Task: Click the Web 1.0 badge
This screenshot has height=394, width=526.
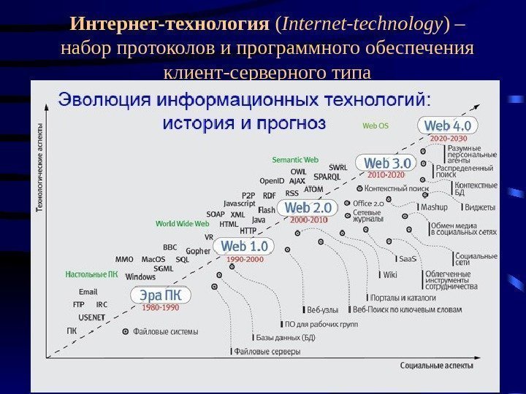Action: [244, 246]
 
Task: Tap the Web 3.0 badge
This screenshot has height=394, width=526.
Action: [386, 163]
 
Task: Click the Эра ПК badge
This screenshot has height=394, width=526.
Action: [161, 295]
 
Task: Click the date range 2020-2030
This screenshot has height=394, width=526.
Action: [449, 138]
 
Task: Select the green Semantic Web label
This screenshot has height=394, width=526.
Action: [295, 159]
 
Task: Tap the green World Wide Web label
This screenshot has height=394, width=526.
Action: [183, 224]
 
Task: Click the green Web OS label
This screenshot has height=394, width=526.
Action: [376, 125]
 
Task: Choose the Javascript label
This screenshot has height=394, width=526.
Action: [240, 204]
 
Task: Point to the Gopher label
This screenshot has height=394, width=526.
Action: [198, 250]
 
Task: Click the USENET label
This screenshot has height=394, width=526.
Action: [92, 317]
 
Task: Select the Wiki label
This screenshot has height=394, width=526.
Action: [390, 275]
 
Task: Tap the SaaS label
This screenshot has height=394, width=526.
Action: [407, 258]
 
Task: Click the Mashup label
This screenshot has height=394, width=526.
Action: [434, 207]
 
